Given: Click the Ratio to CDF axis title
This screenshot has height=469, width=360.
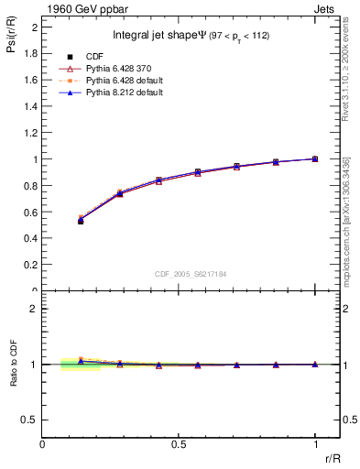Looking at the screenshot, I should coord(14,377).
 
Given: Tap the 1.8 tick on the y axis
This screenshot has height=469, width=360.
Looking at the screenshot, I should coord(30,53).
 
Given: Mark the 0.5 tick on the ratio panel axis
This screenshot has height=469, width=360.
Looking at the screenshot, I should coord(30,420).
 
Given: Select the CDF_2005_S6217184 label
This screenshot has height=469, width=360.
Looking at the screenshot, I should coord(190,273).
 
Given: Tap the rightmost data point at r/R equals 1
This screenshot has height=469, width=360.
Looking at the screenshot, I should coord(315,158).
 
